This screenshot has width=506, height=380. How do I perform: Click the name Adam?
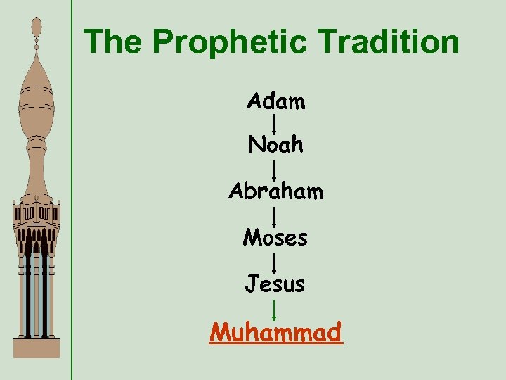276,102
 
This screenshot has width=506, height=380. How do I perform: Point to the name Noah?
276,145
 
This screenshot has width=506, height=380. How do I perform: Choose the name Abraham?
276,191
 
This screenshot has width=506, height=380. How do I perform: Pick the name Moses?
275,238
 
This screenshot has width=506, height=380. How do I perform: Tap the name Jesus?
275,284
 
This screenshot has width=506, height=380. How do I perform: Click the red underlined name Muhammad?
275,331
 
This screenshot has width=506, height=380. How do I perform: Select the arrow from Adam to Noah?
273,124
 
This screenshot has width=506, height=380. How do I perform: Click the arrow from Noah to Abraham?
273,169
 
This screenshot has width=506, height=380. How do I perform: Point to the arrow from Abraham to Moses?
273,215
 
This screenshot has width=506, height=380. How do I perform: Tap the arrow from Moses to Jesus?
273,262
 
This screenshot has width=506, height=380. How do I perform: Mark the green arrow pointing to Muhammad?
273,308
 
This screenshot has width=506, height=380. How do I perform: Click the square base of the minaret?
37,348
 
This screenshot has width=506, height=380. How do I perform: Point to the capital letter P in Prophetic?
163,42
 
